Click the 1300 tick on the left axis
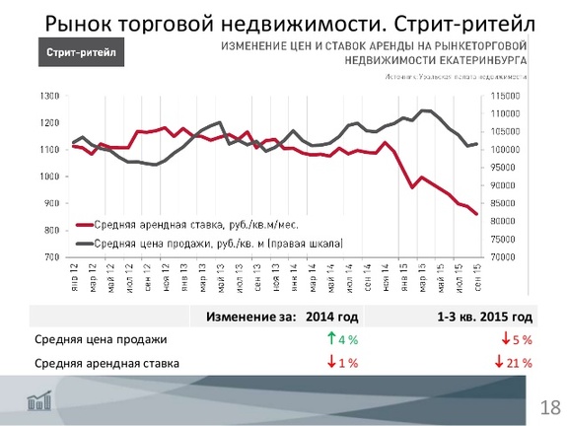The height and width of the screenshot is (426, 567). click(x=48, y=97)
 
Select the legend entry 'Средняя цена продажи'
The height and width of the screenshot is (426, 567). click(x=208, y=242)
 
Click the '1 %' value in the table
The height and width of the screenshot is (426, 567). click(x=346, y=363)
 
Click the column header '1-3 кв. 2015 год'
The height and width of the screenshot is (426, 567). click(x=484, y=317)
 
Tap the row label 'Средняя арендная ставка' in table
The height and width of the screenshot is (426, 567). click(x=106, y=363)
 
